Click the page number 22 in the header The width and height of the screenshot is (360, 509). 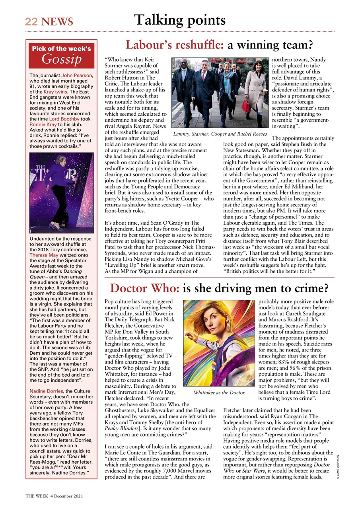point(31,21)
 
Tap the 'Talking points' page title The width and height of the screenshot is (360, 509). point(180,20)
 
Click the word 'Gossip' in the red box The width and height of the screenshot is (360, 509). point(61,60)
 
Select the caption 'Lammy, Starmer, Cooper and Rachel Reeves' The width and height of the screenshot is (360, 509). point(220,134)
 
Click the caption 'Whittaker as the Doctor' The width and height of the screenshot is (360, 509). point(219,393)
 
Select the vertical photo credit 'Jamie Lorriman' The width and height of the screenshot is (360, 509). point(337,463)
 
